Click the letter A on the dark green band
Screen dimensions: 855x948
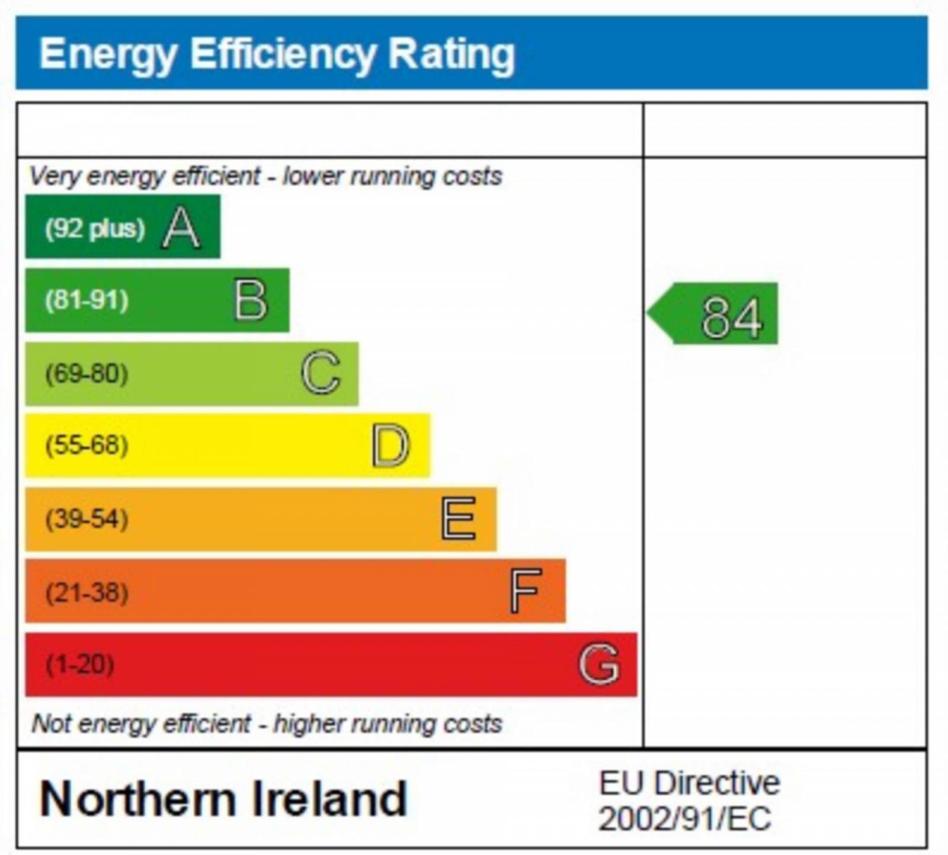[x=181, y=228]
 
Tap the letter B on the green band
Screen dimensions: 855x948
[x=251, y=300]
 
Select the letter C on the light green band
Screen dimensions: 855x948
[x=321, y=373]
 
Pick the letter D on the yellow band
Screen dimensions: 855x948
[x=390, y=446]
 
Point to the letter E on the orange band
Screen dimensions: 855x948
[x=458, y=518]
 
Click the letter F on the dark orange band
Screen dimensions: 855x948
[x=526, y=591]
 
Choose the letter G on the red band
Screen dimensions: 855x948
[x=599, y=664]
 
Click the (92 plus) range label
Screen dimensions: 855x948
[x=95, y=228]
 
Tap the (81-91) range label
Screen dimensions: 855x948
[x=87, y=300]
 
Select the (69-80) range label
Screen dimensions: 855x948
[x=87, y=374]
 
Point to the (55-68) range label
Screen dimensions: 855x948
[x=87, y=446]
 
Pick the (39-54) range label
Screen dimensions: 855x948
[x=87, y=519]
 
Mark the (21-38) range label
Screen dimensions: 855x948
[x=87, y=592]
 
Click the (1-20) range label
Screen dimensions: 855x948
[x=80, y=664]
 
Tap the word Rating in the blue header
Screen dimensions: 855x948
[x=451, y=55]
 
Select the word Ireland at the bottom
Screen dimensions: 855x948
[x=329, y=799]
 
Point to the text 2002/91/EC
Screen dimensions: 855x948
[x=684, y=819]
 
